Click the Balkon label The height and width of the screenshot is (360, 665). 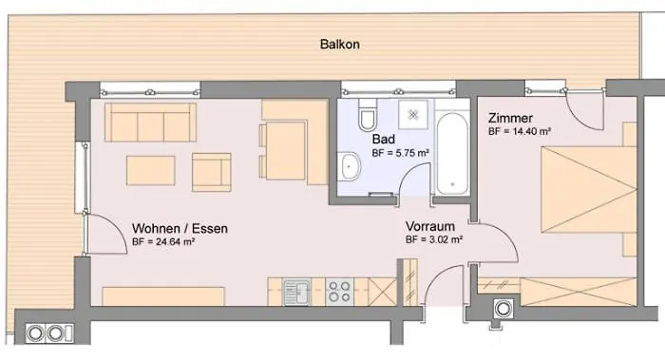click(340, 45)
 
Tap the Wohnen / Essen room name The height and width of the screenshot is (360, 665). click(179, 228)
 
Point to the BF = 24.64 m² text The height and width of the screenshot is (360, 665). click(162, 243)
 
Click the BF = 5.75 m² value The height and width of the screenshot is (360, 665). click(400, 153)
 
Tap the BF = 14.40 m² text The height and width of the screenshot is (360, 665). click(521, 133)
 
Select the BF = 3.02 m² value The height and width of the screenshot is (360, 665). click(434, 241)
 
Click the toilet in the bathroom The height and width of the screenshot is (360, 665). click(367, 119)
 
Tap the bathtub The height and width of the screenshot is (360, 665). click(451, 153)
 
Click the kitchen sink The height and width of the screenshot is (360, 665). click(296, 291)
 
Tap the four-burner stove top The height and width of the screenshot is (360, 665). click(339, 291)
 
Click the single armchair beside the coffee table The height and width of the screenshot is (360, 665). click(211, 171)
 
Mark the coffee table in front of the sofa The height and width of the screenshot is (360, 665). click(151, 171)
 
